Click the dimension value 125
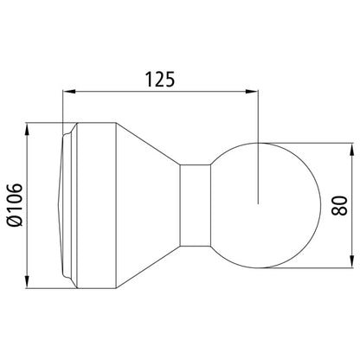(x=162, y=80)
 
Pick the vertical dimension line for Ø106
(x=29, y=164)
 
